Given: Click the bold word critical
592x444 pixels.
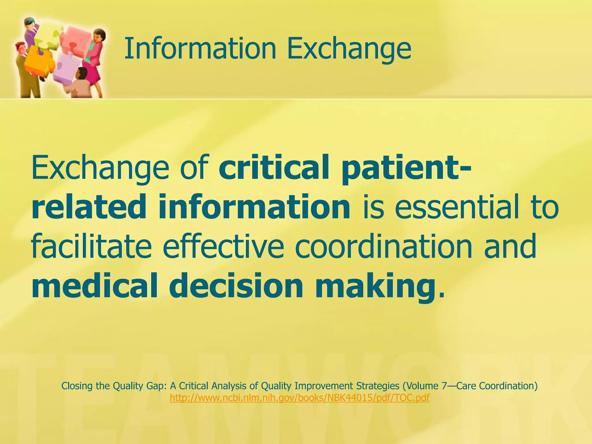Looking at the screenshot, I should [273, 168].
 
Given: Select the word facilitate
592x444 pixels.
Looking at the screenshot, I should [91, 247].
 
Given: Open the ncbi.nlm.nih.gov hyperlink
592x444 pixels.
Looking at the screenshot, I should [299, 398].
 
